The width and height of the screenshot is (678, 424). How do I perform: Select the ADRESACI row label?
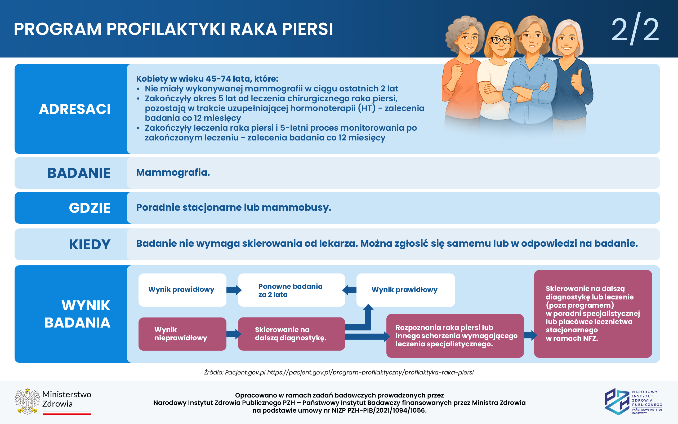tap(74, 109)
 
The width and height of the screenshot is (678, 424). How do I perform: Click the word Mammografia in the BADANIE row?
tap(173, 173)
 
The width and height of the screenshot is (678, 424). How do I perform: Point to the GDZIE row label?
tap(90, 208)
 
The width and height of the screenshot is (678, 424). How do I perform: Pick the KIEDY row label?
tap(90, 244)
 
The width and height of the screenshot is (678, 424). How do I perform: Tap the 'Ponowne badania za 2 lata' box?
tap(291, 290)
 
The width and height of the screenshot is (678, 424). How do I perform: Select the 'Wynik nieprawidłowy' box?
tap(182, 334)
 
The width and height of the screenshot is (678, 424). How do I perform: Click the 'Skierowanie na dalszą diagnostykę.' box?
tap(291, 334)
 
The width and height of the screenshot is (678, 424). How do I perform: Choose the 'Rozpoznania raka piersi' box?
tap(454, 336)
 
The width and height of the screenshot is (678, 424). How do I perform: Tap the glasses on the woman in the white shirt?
tap(501, 41)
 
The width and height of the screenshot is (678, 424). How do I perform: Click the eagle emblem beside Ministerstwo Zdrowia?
tap(27, 401)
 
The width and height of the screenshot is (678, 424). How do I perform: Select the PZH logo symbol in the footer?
tap(617, 401)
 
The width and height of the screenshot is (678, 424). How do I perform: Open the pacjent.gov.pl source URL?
tap(370, 372)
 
